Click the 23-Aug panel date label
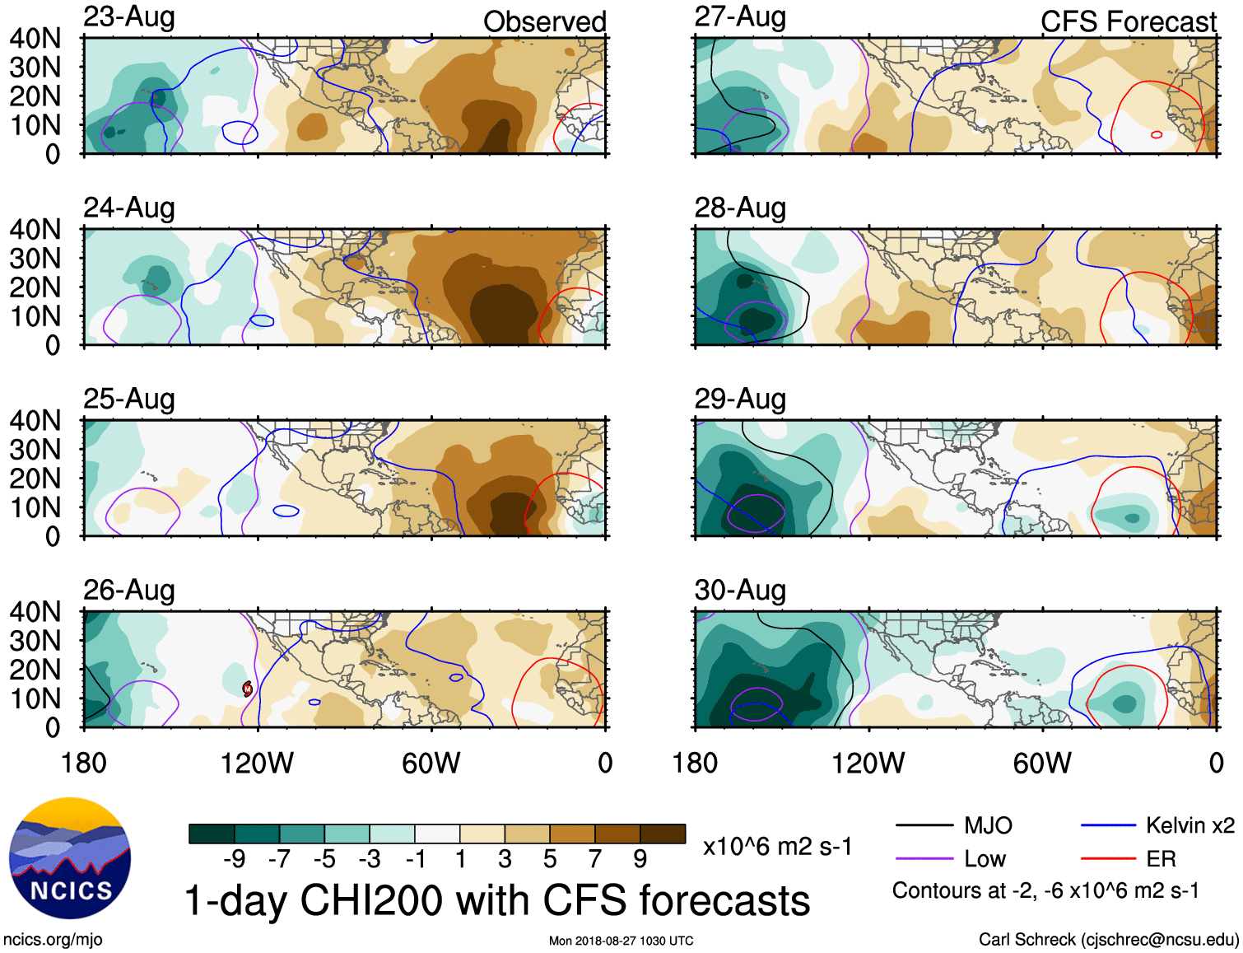[x=129, y=17]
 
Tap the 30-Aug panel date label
[x=740, y=591]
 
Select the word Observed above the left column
[x=544, y=22]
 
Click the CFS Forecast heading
[x=1128, y=22]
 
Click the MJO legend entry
[x=987, y=825]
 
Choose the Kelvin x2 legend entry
[x=1189, y=825]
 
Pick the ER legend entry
[x=1161, y=859]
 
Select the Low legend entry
[x=985, y=859]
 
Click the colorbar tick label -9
[x=234, y=859]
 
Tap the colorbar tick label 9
[x=640, y=859]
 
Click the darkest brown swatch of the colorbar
[x=663, y=834]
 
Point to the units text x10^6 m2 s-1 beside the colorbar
[x=777, y=847]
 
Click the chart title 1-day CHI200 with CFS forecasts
[x=496, y=900]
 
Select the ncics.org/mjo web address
[x=53, y=940]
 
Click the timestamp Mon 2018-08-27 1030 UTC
[x=621, y=941]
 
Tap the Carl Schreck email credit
[x=1108, y=940]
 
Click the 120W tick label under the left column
[x=257, y=764]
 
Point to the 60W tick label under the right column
[x=1042, y=764]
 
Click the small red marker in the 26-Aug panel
[x=247, y=689]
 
